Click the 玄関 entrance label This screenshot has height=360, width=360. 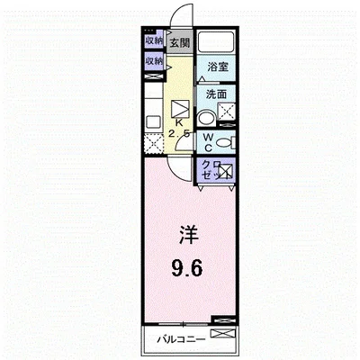179,42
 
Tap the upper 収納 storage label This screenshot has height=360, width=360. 153,41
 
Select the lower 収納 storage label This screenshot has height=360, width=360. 153,61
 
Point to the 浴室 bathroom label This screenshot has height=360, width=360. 215,67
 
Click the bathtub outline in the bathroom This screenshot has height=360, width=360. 215,42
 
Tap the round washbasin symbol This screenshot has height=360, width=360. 205,116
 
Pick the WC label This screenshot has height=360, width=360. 207,142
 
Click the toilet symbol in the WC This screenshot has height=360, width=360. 225,141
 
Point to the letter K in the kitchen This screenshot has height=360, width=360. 179,123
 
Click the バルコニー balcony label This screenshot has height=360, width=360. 182,339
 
